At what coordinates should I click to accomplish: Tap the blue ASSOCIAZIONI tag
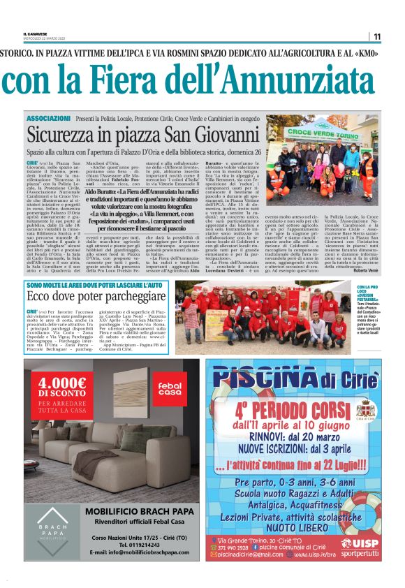tap(47, 120)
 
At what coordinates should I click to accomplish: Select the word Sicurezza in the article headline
tap(71, 135)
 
